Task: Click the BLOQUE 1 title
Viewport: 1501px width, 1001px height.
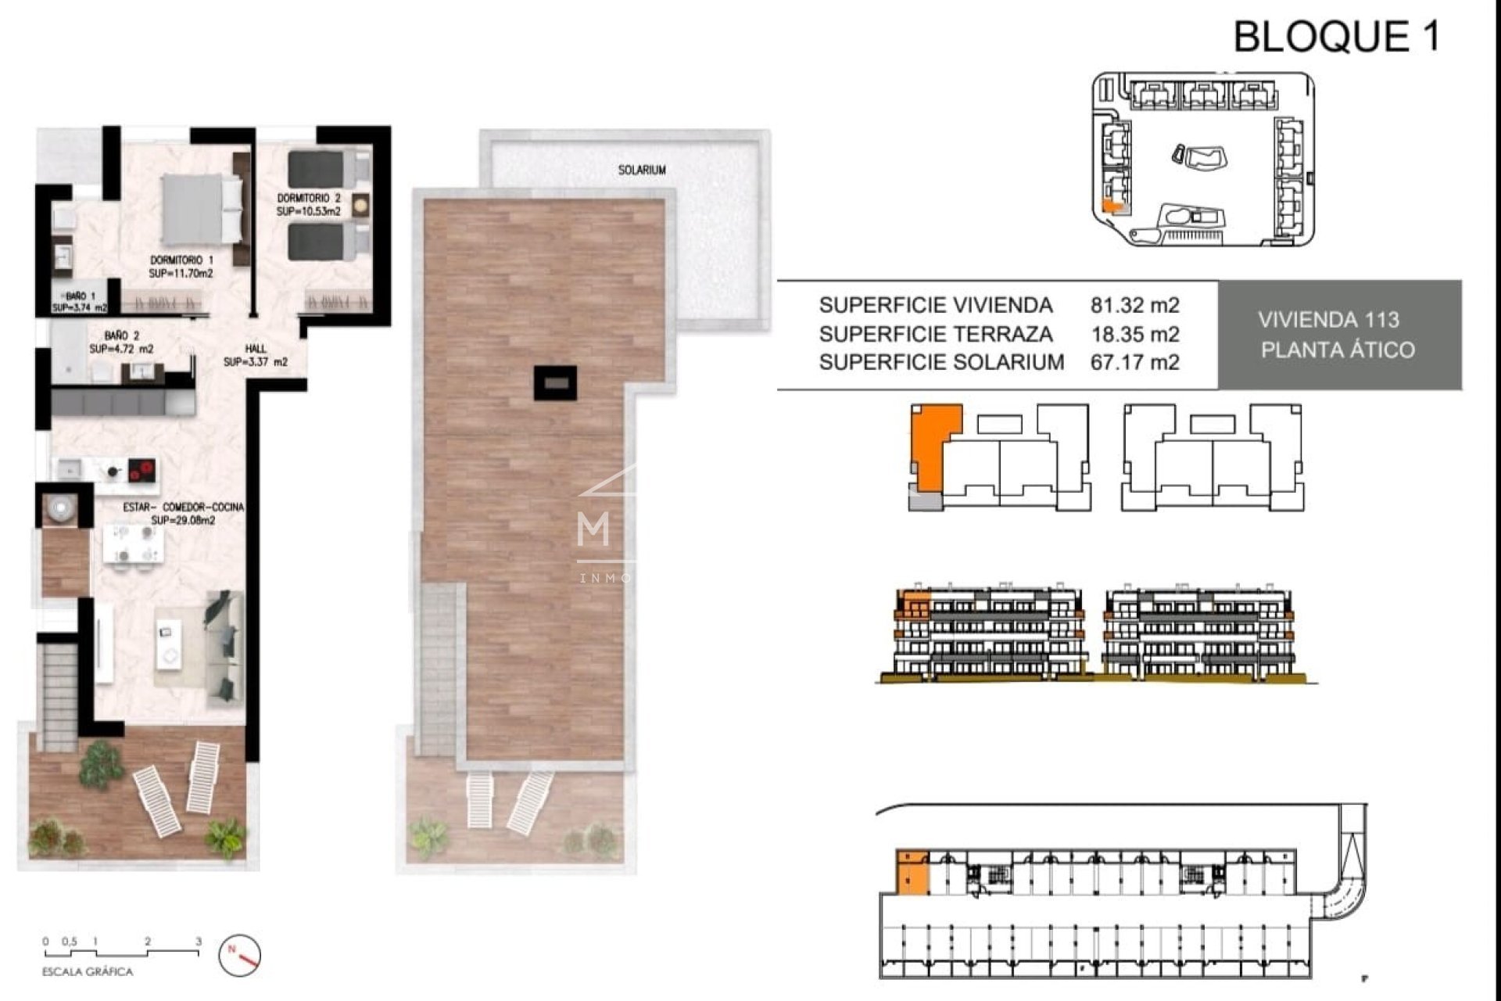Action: tap(1336, 37)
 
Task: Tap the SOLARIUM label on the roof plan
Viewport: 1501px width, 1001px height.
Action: tap(642, 170)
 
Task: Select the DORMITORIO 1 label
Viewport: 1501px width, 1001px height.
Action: tap(181, 260)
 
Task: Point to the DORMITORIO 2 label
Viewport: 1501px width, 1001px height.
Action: tap(309, 199)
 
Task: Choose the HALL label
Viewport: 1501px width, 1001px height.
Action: tap(255, 349)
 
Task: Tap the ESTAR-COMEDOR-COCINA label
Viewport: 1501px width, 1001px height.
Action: tap(183, 508)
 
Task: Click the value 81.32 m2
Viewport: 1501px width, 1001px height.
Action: tap(1134, 305)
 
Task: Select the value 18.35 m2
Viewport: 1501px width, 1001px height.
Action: tap(1134, 334)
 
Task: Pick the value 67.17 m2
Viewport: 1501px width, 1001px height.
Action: tap(1134, 362)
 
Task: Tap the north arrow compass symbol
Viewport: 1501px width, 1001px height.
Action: tap(239, 955)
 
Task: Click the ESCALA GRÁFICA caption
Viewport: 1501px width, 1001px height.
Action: tap(88, 972)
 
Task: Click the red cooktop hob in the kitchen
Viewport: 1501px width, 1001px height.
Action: tap(142, 470)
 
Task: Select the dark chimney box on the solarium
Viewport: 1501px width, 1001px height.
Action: tap(555, 383)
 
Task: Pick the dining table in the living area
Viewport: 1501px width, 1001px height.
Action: tap(134, 544)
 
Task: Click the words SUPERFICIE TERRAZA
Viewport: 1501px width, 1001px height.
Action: tap(936, 334)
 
